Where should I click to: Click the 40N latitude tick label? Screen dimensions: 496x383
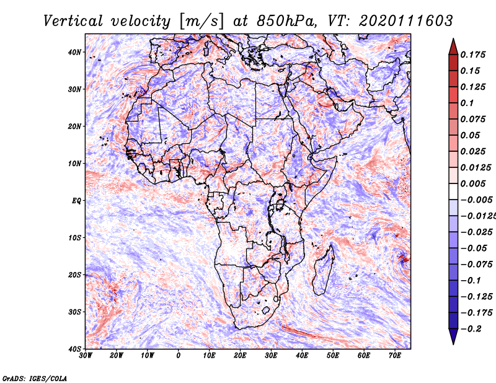pyautogui.click(x=74, y=52)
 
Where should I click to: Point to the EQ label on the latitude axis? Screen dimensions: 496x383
pyautogui.click(x=76, y=201)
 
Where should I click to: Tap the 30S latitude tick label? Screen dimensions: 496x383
pyautogui.click(x=74, y=312)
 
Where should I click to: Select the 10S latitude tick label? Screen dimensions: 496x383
pyautogui.click(x=74, y=237)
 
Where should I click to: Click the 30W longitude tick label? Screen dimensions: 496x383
pyautogui.click(x=86, y=356)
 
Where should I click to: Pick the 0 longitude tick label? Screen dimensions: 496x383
pyautogui.click(x=179, y=356)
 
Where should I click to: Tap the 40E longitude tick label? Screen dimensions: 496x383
pyautogui.click(x=302, y=356)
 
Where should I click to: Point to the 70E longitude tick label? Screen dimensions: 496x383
pyautogui.click(x=395, y=356)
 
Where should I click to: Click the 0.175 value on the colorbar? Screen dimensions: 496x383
pyautogui.click(x=473, y=55)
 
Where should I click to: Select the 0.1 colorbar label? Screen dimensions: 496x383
pyautogui.click(x=467, y=103)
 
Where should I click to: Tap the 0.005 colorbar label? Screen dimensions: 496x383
pyautogui.click(x=473, y=183)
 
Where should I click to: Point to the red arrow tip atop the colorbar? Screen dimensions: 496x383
pyautogui.click(x=453, y=39)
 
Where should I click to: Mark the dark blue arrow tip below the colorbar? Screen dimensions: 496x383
pyautogui.click(x=453, y=344)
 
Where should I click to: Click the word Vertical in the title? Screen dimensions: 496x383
pyautogui.click(x=73, y=21)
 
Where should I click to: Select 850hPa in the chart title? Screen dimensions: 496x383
pyautogui.click(x=286, y=21)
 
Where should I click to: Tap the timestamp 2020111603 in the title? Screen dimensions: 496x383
pyautogui.click(x=406, y=21)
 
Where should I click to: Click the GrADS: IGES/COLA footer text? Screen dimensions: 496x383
pyautogui.click(x=35, y=378)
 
